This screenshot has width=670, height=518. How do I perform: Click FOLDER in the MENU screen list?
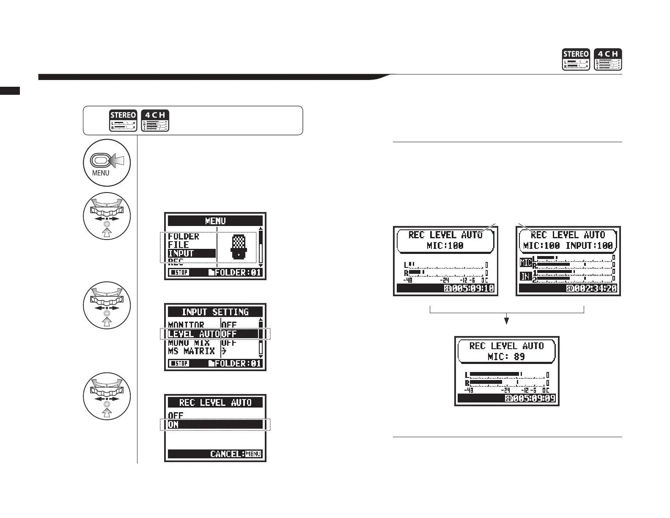click(x=184, y=236)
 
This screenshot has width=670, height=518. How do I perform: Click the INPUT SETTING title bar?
click(x=215, y=312)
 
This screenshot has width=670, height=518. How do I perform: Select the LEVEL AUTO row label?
click(x=193, y=333)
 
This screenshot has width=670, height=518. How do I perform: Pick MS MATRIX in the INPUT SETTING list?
click(x=191, y=351)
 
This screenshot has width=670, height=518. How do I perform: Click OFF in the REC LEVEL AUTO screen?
click(x=176, y=416)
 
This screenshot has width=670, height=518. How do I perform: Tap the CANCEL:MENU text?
click(x=236, y=454)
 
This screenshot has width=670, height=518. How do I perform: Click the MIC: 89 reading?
click(x=506, y=356)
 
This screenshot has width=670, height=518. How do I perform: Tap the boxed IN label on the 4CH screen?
click(x=525, y=276)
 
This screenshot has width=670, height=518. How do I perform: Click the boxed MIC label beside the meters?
click(x=526, y=262)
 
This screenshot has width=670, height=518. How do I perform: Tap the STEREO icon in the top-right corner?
click(x=575, y=59)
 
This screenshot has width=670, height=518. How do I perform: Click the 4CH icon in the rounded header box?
click(x=155, y=120)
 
